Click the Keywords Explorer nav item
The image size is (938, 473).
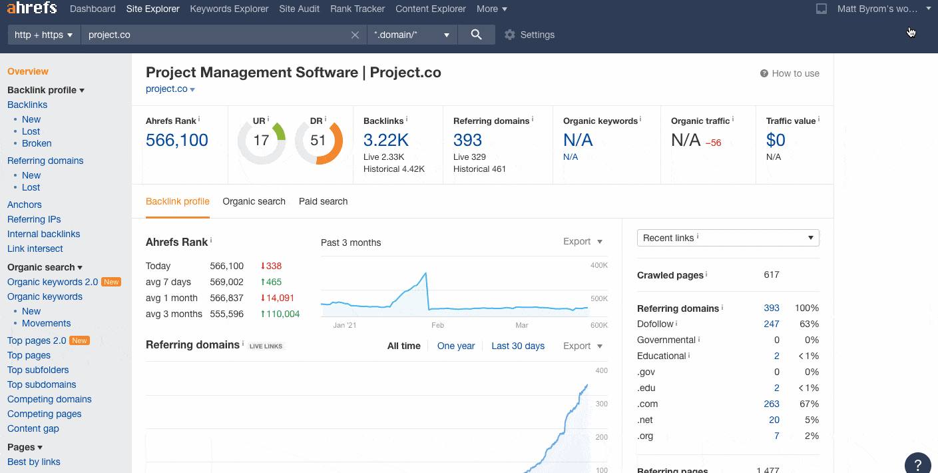(x=229, y=9)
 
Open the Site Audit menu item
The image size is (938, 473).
(x=299, y=9)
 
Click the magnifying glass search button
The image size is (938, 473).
(x=476, y=35)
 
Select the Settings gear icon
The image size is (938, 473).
(x=510, y=35)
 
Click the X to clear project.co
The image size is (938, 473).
(x=355, y=35)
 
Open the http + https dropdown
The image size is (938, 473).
(x=43, y=35)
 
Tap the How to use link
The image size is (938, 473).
(x=790, y=73)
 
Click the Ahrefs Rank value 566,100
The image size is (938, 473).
(x=177, y=141)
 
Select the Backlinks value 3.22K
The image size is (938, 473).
(x=386, y=141)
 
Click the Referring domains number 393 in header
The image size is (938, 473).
(x=467, y=141)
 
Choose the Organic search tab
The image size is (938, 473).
(x=254, y=201)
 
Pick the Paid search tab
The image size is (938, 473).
(x=323, y=201)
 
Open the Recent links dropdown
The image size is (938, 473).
(x=728, y=238)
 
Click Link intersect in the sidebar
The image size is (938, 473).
(x=35, y=248)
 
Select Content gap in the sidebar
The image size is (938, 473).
(x=33, y=428)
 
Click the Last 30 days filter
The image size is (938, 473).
(x=517, y=346)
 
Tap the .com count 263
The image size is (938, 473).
(x=771, y=404)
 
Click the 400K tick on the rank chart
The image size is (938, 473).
(x=598, y=265)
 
